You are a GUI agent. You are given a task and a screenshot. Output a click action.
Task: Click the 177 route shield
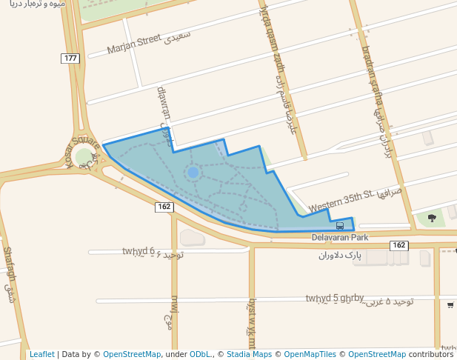point(70,58)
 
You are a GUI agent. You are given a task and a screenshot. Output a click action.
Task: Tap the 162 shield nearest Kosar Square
point(164,207)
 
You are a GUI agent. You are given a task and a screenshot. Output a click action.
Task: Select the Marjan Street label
point(134,44)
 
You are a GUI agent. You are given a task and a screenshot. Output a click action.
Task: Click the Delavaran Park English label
point(340,238)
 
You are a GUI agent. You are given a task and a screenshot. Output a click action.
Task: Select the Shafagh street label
point(9,267)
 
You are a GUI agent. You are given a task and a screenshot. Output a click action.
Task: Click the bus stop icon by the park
point(340,225)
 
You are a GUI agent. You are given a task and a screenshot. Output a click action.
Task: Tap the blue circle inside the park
point(193,173)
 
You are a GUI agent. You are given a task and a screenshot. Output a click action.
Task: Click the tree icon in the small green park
point(432,218)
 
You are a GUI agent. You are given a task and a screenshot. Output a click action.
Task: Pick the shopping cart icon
point(450,304)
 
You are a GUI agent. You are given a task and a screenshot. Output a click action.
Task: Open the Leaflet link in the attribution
point(41,354)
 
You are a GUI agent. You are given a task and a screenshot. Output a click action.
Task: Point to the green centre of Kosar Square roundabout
point(84,158)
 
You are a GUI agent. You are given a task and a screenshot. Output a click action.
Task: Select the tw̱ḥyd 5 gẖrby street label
point(335,299)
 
